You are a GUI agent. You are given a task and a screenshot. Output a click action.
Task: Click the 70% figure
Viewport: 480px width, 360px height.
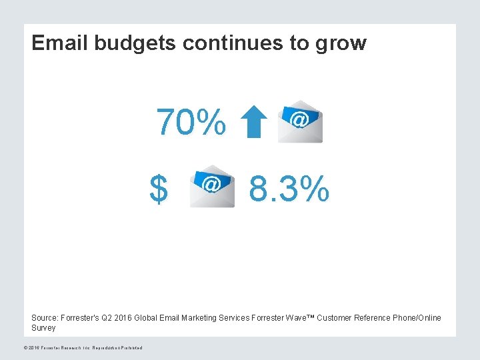191,122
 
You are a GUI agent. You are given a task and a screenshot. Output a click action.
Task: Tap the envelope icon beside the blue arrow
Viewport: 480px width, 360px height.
300,122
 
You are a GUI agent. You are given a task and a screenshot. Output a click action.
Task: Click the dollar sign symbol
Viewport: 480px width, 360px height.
159,189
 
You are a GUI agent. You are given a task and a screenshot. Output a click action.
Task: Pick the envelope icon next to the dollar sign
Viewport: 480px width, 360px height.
212,186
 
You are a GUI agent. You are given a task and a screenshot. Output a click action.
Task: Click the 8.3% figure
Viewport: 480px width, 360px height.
289,189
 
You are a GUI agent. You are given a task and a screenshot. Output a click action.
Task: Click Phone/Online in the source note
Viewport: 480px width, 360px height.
417,318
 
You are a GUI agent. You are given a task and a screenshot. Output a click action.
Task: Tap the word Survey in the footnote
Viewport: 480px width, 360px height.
44,328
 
